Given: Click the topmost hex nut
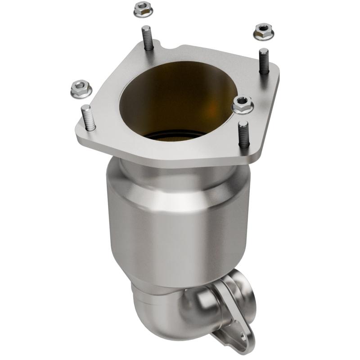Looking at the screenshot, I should pos(142,9).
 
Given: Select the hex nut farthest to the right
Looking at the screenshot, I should pos(264,31).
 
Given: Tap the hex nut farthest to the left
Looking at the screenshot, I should pos(81,89).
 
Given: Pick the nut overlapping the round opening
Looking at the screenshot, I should pos(242,105).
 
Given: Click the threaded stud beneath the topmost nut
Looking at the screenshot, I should pos(147,38).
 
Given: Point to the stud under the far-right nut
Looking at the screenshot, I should pos(264,61).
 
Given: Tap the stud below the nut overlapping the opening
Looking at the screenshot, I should pos(243,134).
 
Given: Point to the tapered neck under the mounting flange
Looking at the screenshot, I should pos(180,173).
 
